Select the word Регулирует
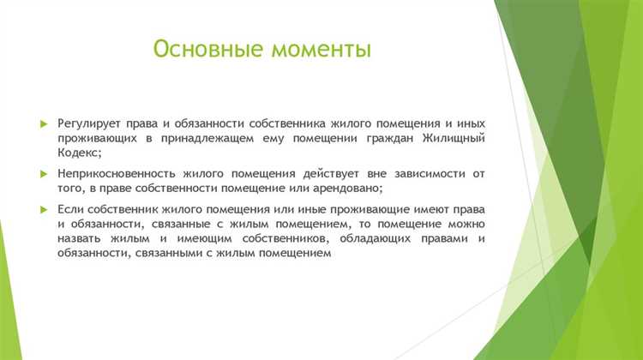[90, 123]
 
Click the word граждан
[387, 138]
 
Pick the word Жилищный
[451, 138]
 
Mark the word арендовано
[344, 189]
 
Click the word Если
[69, 209]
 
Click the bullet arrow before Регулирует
[44, 124]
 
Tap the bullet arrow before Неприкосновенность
[44, 175]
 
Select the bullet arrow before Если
[44, 210]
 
